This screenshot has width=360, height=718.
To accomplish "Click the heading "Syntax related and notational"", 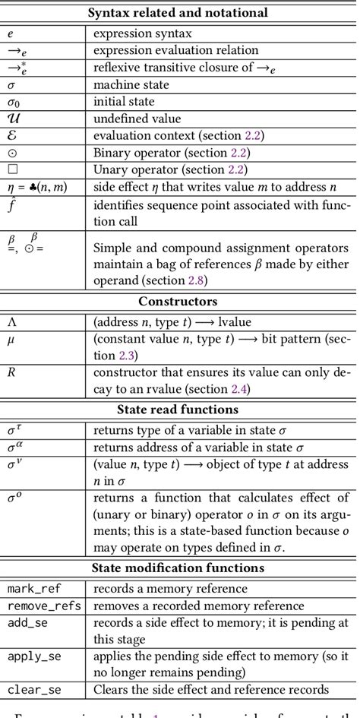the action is tap(178, 13).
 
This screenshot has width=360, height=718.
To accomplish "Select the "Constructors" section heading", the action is tap(178, 301).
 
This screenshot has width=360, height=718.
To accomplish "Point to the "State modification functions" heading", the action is tap(178, 568).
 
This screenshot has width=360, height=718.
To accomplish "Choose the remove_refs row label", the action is tap(44, 606).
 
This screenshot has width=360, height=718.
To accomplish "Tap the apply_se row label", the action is tap(33, 656).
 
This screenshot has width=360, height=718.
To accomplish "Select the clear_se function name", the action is tap(33, 689).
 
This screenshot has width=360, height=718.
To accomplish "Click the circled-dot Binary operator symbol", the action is tap(11, 151).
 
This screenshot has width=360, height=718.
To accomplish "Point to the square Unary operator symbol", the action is tap(11, 169).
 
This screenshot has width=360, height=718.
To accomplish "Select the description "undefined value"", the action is tap(137, 118).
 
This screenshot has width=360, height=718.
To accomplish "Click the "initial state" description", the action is tap(124, 101).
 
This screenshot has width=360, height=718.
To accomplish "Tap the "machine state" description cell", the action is tap(129, 84).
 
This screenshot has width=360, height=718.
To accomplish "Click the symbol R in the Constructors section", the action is tap(11, 372).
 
